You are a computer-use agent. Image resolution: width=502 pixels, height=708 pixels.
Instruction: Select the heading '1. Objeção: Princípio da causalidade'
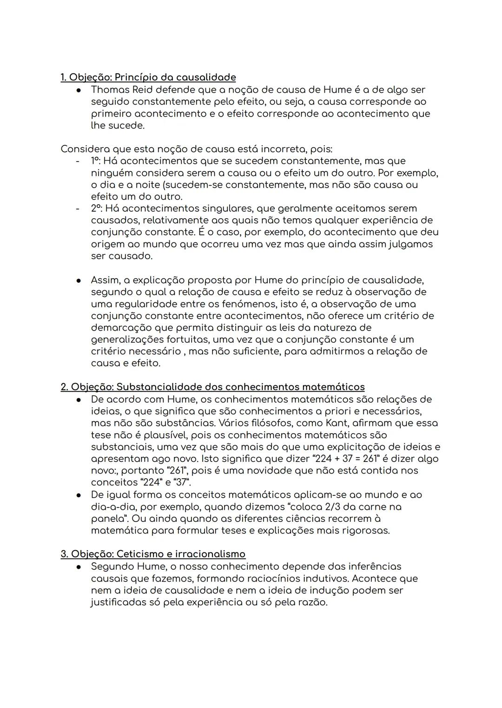pos(148,77)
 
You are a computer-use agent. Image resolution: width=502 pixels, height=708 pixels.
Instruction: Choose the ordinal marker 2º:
pos(98,208)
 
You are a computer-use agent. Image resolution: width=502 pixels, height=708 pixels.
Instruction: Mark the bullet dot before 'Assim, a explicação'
pos(79,280)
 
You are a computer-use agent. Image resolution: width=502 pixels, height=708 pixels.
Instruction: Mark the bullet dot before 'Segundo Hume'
pos(79,566)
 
